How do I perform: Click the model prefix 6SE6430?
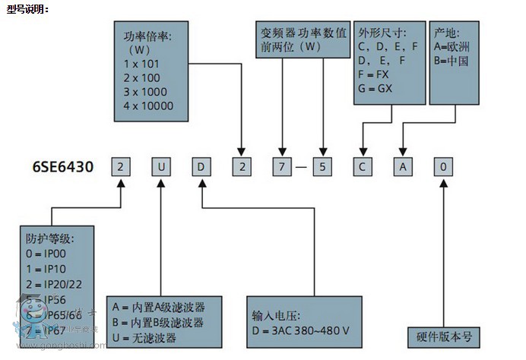click(64, 166)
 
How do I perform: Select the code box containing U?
click(161, 166)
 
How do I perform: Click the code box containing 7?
click(283, 166)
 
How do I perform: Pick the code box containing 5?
click(323, 166)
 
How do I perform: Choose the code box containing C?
click(363, 166)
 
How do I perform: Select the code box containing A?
click(404, 166)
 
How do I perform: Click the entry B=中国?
click(451, 60)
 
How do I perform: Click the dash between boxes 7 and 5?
click(303, 166)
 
